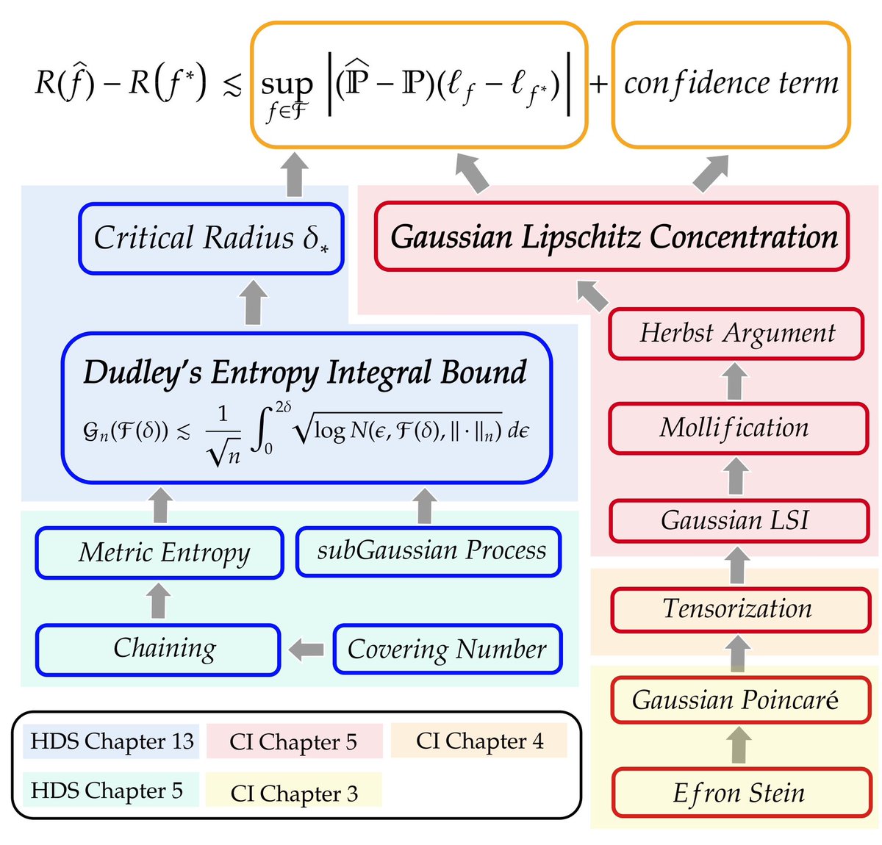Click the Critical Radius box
(211, 239)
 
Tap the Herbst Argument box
(736, 334)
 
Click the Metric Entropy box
(160, 553)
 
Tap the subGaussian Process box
(429, 551)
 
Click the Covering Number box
(447, 650)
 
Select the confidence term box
(731, 84)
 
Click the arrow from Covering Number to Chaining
(306, 650)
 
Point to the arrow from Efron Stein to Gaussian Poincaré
(739, 745)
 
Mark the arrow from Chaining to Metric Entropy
(158, 601)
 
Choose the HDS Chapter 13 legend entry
(112, 741)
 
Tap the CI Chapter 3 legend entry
(294, 793)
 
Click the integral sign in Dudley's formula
(259, 431)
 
